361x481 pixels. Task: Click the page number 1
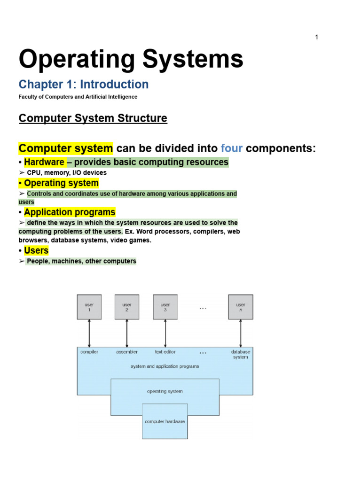click(317, 37)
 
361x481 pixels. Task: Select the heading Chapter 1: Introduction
click(84, 85)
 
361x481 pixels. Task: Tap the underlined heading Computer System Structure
click(93, 118)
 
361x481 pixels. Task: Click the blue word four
click(232, 148)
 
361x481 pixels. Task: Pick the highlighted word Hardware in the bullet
click(44, 162)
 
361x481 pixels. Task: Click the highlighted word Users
click(36, 250)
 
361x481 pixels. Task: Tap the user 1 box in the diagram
click(89, 307)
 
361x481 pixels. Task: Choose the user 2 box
click(127, 307)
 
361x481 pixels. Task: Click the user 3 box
click(165, 307)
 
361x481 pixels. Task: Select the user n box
click(241, 307)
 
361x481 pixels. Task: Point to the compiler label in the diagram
click(89, 352)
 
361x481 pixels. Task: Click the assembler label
click(127, 352)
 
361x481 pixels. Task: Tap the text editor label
click(165, 352)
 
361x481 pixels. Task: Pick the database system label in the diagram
click(241, 354)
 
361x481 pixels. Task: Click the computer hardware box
click(165, 421)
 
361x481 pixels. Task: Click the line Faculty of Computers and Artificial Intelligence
click(78, 97)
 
